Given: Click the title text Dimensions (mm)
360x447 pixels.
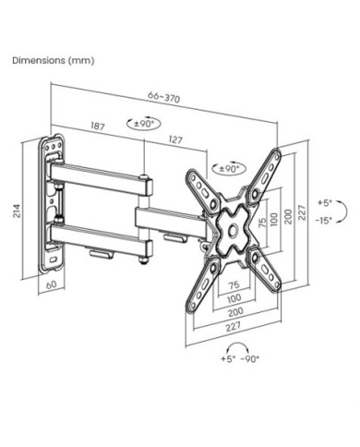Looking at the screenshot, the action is pyautogui.click(x=54, y=60).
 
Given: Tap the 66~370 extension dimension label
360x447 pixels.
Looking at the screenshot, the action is pyautogui.click(x=163, y=97).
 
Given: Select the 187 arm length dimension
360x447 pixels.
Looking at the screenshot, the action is pyautogui.click(x=98, y=126).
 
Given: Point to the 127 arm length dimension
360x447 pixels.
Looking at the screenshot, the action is pyautogui.click(x=175, y=139).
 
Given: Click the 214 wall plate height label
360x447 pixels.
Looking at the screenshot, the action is pyautogui.click(x=17, y=211).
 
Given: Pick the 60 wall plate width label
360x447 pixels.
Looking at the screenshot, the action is pyautogui.click(x=51, y=284).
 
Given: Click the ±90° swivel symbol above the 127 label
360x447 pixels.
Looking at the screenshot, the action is pyautogui.click(x=144, y=124).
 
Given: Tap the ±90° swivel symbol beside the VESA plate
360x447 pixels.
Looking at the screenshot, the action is pyautogui.click(x=229, y=168).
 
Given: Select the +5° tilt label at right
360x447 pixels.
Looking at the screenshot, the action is pyautogui.click(x=325, y=203).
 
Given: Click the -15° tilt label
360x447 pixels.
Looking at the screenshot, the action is pyautogui.click(x=323, y=221).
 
